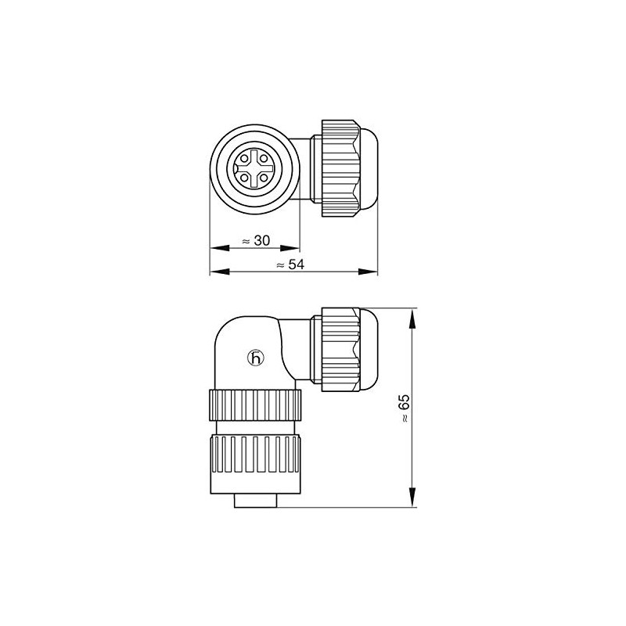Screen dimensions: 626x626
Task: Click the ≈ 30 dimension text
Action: pos(256,240)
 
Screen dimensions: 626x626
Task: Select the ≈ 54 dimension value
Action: pos(290,264)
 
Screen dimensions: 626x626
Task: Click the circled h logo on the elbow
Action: pos(256,358)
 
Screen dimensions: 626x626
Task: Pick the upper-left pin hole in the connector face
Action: pos(244,158)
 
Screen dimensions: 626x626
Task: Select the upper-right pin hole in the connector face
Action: pos(264,158)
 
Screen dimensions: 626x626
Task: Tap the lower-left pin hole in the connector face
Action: pos(244,178)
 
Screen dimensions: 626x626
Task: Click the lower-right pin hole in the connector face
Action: pos(264,178)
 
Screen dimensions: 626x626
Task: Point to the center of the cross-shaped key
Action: pos(254,168)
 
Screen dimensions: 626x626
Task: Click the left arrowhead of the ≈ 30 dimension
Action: pos(220,248)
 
